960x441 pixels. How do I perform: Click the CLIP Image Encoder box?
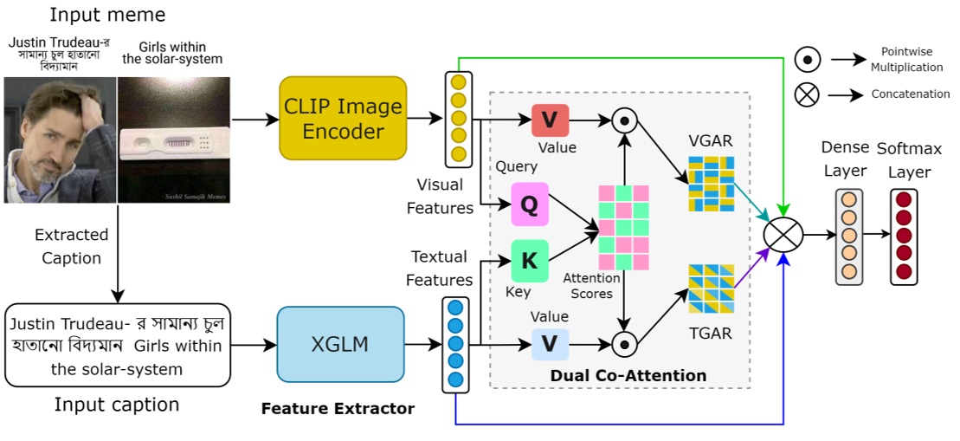[342, 119]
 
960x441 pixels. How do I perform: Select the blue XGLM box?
[340, 345]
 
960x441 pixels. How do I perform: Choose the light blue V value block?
[549, 344]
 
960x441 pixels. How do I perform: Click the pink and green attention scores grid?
[623, 228]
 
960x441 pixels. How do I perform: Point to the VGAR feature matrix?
[711, 184]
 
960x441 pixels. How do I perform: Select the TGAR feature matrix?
[711, 289]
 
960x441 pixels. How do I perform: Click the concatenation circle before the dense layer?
[783, 234]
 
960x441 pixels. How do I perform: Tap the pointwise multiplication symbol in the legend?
[807, 60]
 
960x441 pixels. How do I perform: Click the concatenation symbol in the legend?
[807, 94]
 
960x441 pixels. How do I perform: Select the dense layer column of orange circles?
[849, 236]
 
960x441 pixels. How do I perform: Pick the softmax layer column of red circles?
[904, 236]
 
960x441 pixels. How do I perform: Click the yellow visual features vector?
[458, 119]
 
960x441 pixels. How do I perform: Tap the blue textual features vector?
[455, 344]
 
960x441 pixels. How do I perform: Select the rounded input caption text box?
[117, 345]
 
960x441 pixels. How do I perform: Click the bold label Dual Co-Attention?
[628, 376]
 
